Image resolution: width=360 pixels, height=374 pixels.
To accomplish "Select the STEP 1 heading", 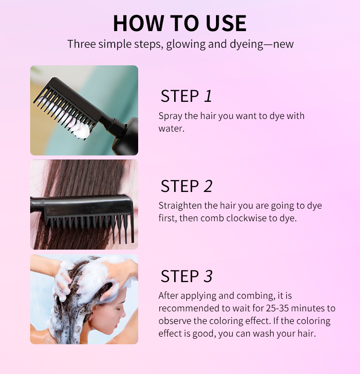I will [186, 96].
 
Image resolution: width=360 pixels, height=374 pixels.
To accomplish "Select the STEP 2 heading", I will [186, 186].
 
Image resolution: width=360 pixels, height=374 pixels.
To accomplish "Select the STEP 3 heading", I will [186, 276].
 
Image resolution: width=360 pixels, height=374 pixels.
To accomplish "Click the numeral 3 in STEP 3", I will [207, 276].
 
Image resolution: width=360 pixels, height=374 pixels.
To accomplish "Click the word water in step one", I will [171, 128].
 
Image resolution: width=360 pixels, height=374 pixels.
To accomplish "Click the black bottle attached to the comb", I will [126, 137].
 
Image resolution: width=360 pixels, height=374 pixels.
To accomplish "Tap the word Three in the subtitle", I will [80, 44].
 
